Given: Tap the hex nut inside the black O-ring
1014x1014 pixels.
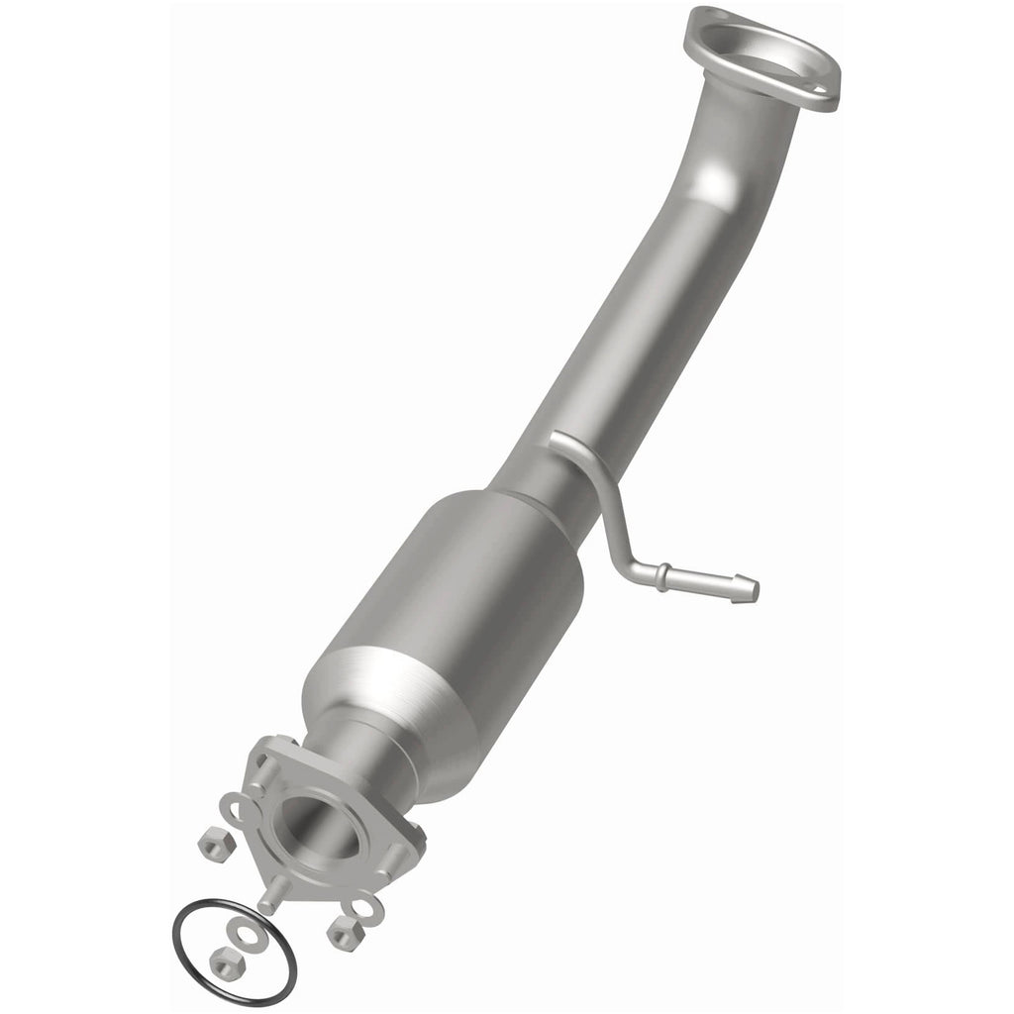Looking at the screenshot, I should (x=224, y=959).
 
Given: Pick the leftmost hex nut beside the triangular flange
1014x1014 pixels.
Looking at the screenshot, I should (x=212, y=844).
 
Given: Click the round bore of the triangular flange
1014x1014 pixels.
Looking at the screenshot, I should (x=319, y=821).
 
